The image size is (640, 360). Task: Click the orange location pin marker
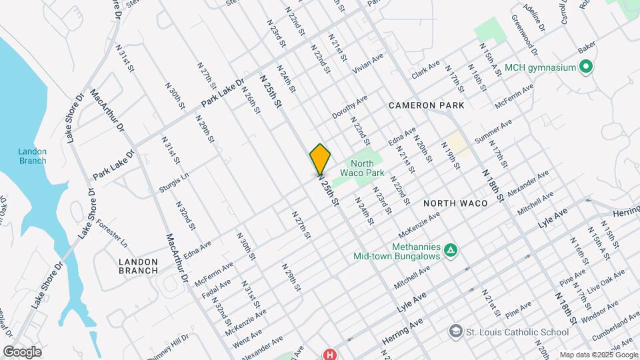coord(320,159)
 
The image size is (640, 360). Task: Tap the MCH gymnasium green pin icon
coord(586,67)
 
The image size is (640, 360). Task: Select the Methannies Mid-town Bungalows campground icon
coord(451,251)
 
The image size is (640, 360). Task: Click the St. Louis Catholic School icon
coord(455,331)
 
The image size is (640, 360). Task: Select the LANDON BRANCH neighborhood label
coord(139,266)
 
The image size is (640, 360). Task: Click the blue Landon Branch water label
coord(32,156)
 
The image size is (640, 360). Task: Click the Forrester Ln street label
coord(111,231)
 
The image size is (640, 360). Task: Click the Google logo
coord(22,351)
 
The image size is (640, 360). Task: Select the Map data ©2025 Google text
coord(598,354)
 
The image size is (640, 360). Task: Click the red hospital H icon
coord(329,355)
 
